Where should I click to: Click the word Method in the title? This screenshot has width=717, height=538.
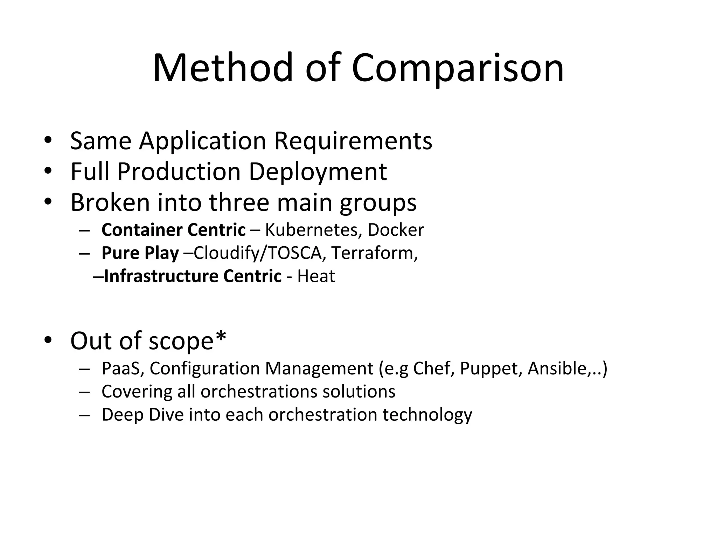pos(223,68)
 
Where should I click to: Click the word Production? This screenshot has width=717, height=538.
pos(179,172)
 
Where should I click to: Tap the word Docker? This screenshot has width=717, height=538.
pos(396,230)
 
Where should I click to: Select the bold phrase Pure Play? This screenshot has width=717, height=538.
pos(140,253)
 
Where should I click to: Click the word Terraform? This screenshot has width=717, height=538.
pos(374,253)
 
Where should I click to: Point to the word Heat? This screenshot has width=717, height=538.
pos(316,276)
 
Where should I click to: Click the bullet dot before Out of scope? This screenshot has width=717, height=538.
pos(48,340)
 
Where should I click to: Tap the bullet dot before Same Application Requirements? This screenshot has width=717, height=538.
pos(48,140)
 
